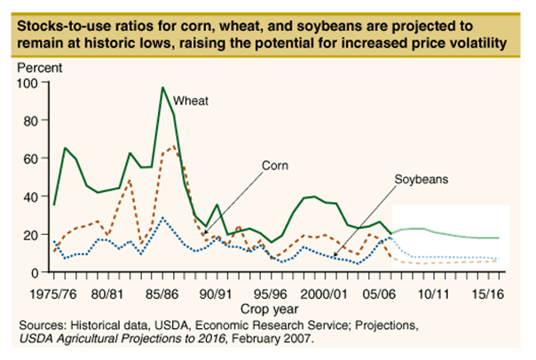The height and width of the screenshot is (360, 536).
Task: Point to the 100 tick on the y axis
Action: point(35,82)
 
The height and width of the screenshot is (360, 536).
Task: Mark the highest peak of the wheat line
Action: point(163,87)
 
